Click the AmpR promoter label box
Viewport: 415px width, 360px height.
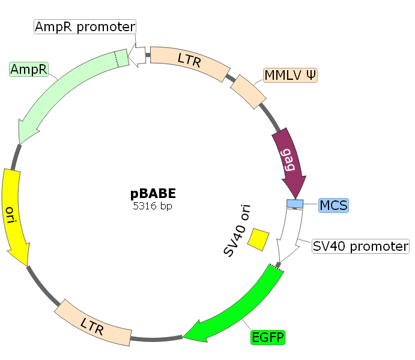tap(85, 26)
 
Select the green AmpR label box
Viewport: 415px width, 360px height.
tap(29, 69)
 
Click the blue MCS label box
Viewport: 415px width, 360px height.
tap(333, 205)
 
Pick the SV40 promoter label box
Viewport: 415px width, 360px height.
tap(360, 246)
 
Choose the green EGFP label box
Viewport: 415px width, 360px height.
tap(268, 337)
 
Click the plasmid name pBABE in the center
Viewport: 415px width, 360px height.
tap(153, 194)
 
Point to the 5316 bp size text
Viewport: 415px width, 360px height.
tap(153, 206)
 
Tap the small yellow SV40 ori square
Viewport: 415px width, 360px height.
tap(259, 239)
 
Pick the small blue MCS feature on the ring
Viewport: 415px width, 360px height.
tap(295, 204)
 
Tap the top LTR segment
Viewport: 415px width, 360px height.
tap(189, 60)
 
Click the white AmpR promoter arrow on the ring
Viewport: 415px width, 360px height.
tap(139, 56)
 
